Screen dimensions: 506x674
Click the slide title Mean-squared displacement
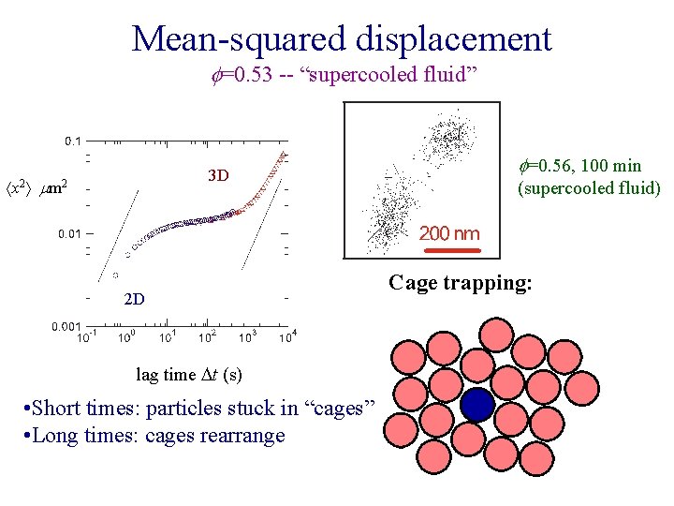click(342, 38)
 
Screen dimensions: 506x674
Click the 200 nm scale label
click(449, 233)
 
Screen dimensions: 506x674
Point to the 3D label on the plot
click(218, 175)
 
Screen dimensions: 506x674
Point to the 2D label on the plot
click(134, 300)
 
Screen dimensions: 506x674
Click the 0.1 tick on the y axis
click(72, 141)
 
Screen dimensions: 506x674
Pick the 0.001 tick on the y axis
click(66, 325)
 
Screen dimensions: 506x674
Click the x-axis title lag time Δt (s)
click(189, 375)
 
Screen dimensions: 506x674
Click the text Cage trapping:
click(461, 282)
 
